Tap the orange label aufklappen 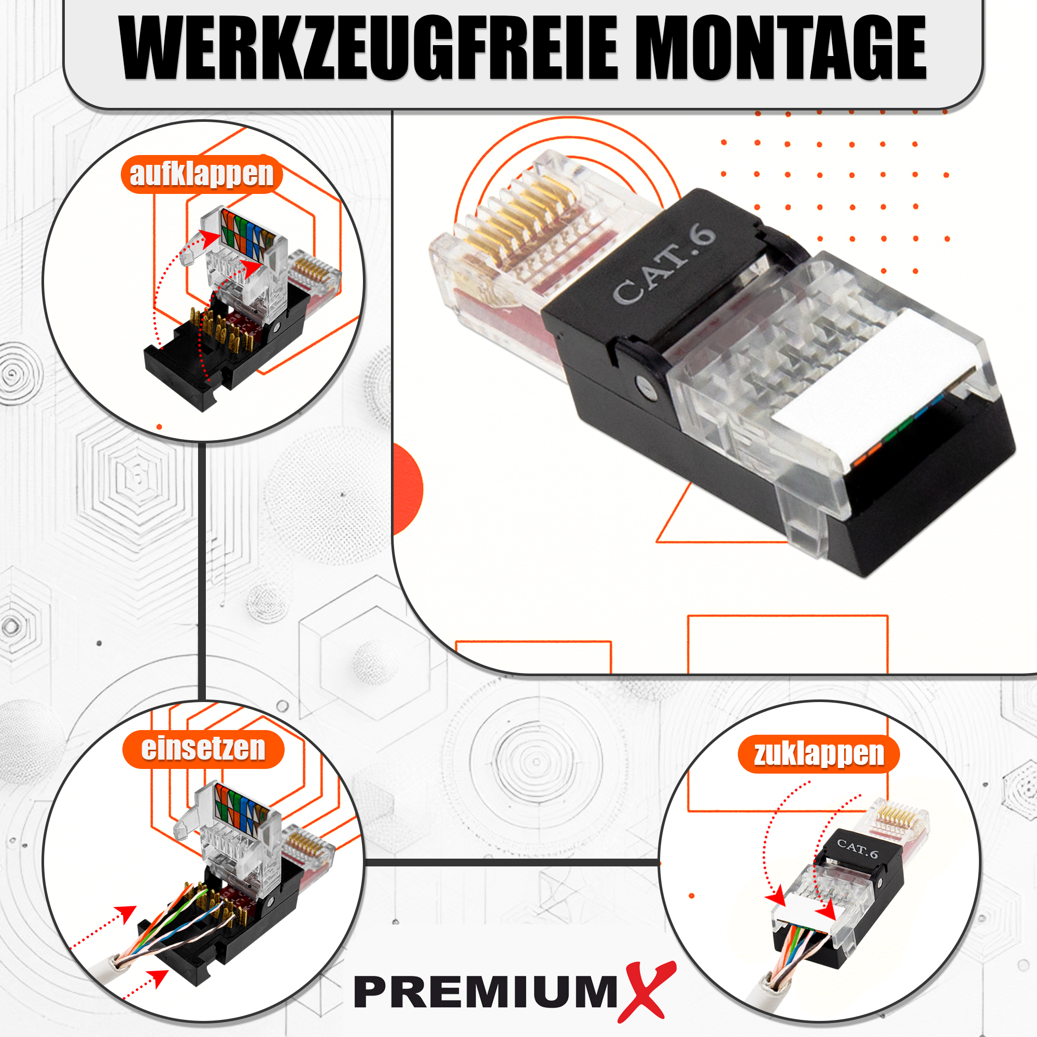coord(202,174)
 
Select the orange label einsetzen coord(203,749)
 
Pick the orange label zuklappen coord(819,754)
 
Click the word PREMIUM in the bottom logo coord(486,992)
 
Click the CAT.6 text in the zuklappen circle coord(857,849)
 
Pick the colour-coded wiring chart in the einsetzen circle coord(243,804)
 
